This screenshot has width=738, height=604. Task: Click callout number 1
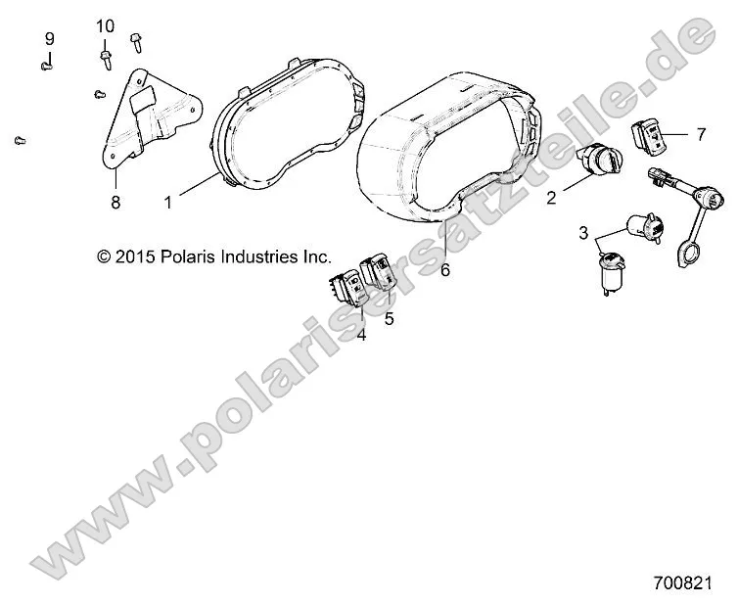(x=167, y=203)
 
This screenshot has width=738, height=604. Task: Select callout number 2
(x=551, y=198)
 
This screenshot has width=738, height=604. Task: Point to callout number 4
(x=361, y=335)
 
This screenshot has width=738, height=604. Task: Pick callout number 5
(x=389, y=318)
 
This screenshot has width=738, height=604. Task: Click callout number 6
(x=445, y=270)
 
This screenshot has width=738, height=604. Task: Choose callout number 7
(x=700, y=135)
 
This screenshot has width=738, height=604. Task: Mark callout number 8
(x=115, y=203)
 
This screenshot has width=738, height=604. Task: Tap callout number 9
(x=49, y=39)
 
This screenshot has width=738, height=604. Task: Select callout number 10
(x=106, y=24)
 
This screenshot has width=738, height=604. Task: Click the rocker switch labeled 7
(x=647, y=136)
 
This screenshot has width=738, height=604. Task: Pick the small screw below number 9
(x=46, y=66)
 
